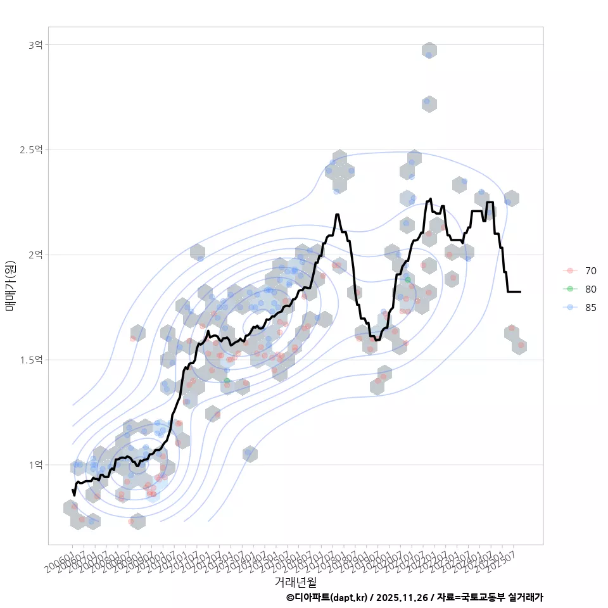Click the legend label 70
click(590, 271)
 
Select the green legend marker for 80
click(570, 289)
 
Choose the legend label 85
click(590, 307)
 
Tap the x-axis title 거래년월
click(295, 581)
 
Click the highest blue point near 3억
click(429, 55)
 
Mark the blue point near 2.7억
click(427, 101)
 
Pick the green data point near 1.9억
click(408, 280)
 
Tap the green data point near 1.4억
click(227, 381)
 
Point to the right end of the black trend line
click(520, 292)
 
